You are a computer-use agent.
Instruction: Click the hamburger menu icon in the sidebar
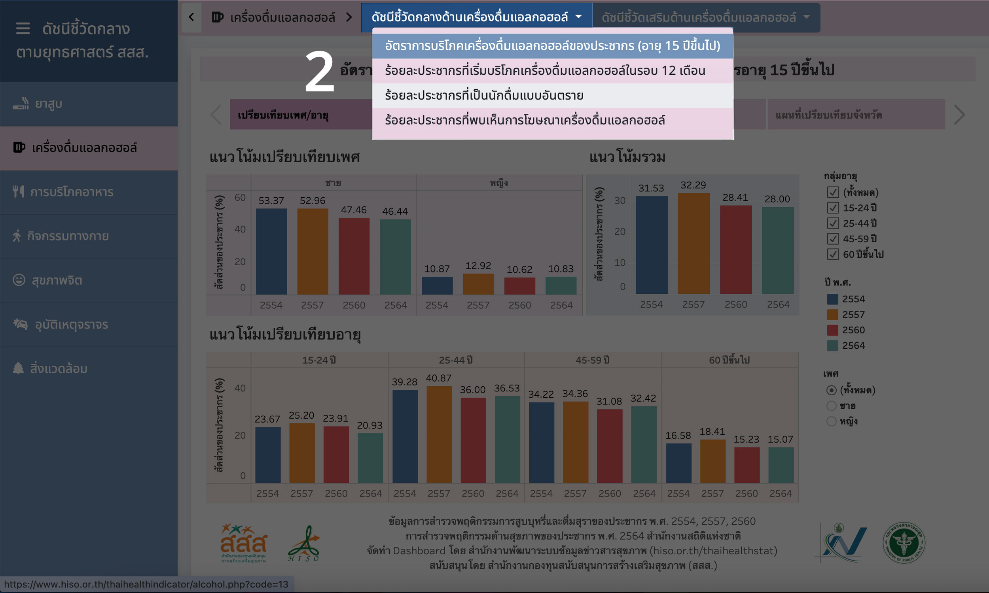(x=23, y=28)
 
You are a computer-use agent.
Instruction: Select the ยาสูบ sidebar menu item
(x=48, y=104)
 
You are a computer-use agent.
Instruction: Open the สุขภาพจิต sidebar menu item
(x=57, y=280)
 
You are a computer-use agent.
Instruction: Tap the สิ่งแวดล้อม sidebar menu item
(x=59, y=368)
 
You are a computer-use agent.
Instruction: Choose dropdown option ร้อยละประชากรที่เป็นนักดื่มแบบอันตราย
(x=484, y=96)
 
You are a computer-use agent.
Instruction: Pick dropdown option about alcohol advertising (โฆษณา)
(x=525, y=120)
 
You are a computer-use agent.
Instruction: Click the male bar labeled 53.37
(x=271, y=252)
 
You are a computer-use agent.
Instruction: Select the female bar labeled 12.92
(x=478, y=284)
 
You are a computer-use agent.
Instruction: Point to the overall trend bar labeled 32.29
(x=693, y=244)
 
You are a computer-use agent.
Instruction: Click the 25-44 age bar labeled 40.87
(x=439, y=434)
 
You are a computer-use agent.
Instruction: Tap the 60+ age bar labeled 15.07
(x=781, y=465)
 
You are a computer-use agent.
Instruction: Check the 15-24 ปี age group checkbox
(x=833, y=208)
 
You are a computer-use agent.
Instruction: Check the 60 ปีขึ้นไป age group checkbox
(x=833, y=254)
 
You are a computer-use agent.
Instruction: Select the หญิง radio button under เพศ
(x=831, y=421)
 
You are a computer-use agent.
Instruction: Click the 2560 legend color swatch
(x=832, y=330)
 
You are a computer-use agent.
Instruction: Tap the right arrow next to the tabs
(x=959, y=115)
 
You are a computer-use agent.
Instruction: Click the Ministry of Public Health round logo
(x=904, y=543)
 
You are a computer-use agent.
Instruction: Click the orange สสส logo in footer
(x=243, y=543)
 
